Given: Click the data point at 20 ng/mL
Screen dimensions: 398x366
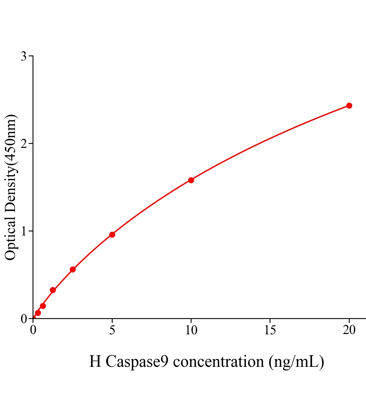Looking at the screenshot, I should (349, 105).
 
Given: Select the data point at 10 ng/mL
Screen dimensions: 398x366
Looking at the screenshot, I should (191, 180).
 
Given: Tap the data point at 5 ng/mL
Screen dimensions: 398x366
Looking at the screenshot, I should (112, 234).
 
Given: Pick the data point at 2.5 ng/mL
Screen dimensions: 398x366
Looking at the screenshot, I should (73, 269).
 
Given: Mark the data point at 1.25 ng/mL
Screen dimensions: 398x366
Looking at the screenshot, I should (53, 290).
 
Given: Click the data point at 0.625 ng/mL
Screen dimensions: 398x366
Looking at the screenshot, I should (43, 306).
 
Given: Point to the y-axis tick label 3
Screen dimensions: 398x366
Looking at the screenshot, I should (24, 56).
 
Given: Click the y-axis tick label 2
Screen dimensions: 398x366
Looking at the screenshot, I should (24, 144).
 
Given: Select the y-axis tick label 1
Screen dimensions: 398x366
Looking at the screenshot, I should (24, 231).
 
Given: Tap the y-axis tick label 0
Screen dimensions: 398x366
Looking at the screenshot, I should (24, 319).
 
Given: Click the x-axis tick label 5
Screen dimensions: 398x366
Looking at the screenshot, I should (112, 330).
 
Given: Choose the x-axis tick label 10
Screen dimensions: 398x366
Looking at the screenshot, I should (191, 330).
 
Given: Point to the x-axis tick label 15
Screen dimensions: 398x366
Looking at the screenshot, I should (270, 330).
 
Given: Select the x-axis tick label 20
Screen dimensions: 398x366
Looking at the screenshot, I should (349, 330).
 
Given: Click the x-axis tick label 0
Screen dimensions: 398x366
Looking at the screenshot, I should (33, 330).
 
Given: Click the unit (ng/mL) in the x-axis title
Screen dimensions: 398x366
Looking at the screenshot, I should (296, 362).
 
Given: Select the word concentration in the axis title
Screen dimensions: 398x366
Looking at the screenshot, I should (218, 362).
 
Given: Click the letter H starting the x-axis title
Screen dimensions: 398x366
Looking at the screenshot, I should (95, 362).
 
